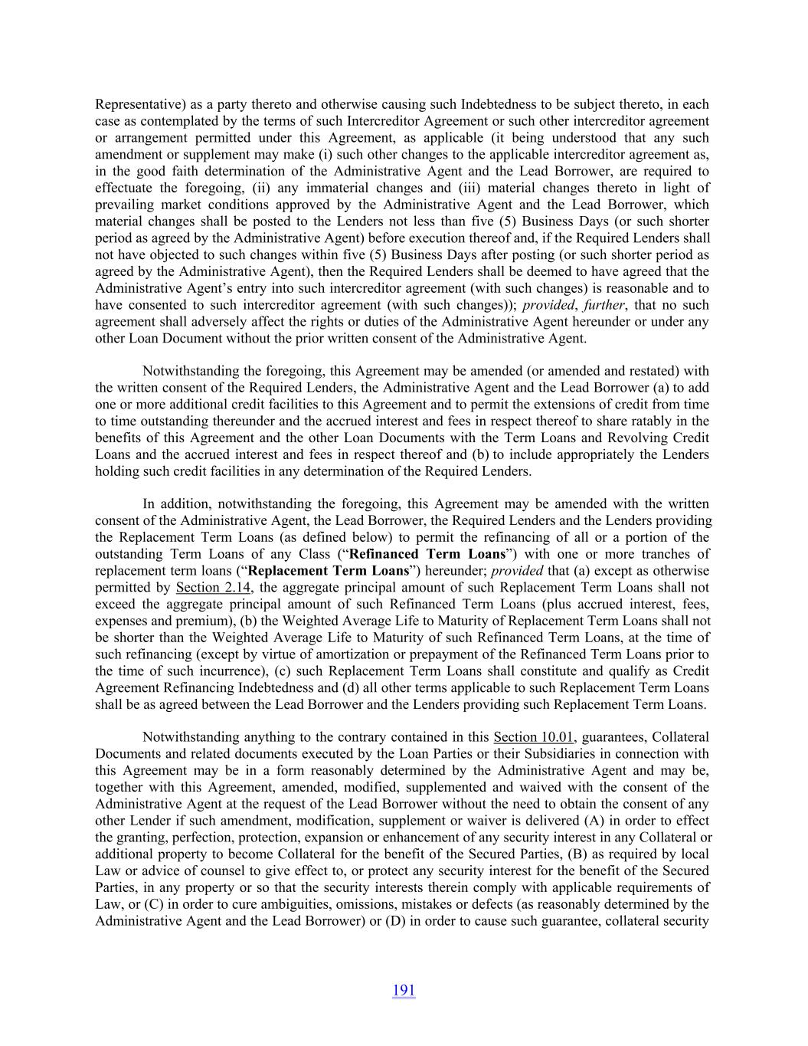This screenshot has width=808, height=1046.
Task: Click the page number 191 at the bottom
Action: [x=404, y=990]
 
